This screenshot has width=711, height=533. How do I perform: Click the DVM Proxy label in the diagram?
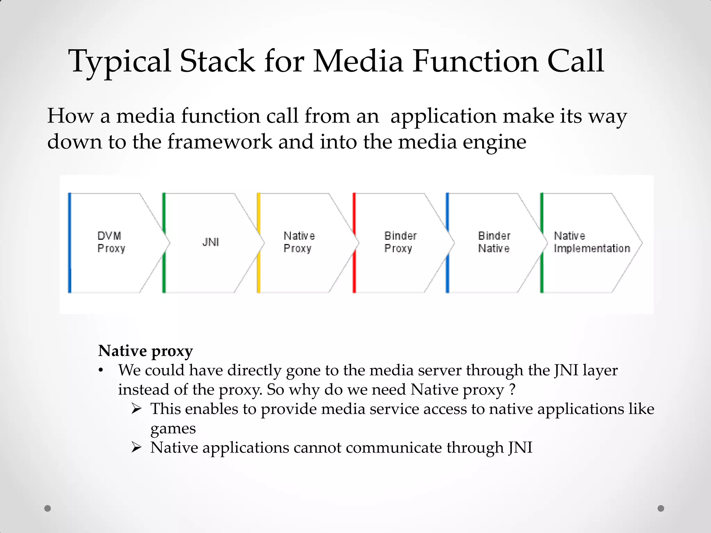[111, 242]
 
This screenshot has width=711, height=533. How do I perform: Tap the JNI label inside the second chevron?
[210, 242]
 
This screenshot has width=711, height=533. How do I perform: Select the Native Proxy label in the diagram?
[299, 242]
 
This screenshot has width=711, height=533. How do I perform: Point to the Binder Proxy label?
[400, 242]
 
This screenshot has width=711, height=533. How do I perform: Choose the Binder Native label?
[494, 242]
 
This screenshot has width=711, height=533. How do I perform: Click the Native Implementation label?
[592, 242]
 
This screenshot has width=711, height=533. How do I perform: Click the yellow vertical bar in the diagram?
[259, 243]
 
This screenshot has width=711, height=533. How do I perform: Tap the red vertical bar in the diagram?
[354, 243]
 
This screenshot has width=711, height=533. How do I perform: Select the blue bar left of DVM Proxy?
[70, 243]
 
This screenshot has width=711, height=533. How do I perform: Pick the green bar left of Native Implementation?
[542, 243]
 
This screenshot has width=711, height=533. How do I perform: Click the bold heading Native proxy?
[145, 351]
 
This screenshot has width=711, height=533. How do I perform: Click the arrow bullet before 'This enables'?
[136, 409]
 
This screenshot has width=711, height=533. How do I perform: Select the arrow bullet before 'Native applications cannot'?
[136, 448]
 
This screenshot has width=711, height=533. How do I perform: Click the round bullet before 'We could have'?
[101, 371]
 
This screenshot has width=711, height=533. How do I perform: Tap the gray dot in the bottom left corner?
[48, 508]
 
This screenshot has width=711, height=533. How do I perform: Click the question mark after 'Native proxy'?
[512, 390]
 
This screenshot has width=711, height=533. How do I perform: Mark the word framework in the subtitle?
[220, 142]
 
